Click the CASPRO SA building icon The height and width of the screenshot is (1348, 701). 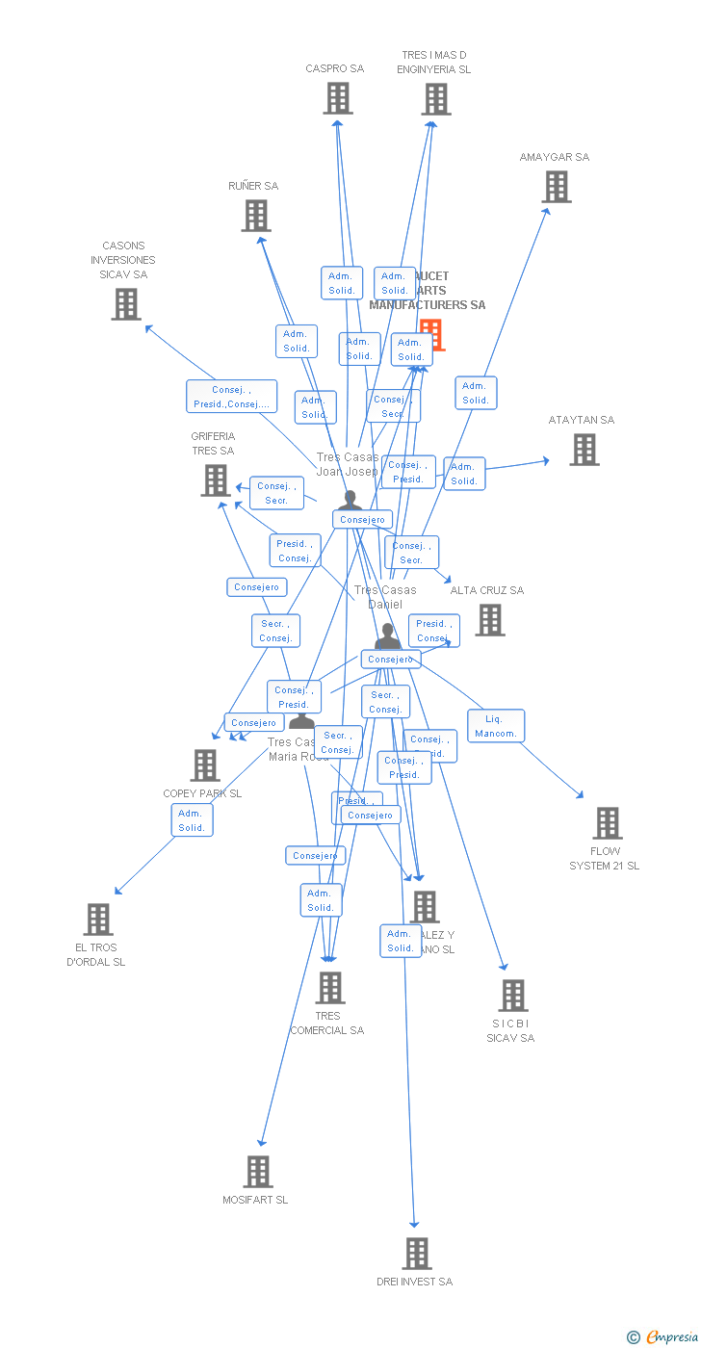pos(338,98)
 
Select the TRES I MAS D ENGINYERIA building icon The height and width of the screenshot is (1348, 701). pos(436,98)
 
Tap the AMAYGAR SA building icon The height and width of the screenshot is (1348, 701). pos(557,187)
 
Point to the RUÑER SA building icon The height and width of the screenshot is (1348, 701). pos(256,216)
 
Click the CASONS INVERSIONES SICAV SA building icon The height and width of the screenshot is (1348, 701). pos(126,304)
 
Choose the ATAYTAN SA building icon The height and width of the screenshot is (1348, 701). pos(584,450)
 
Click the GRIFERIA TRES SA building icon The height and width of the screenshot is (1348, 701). pos(216,480)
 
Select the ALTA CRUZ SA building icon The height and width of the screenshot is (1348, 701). pos(490,620)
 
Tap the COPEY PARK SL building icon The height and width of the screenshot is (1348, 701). pos(205,765)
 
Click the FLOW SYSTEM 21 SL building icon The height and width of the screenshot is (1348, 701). pos(608,823)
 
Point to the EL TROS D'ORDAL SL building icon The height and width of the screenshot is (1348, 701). pos(98,920)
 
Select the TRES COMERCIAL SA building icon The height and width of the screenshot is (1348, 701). pos(330,988)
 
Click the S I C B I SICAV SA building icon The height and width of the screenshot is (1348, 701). pos(513,996)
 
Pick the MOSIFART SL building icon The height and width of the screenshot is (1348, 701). pos(258,1172)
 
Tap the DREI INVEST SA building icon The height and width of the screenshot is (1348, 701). pos(417,1254)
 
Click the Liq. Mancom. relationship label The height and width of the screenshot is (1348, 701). pos(496,726)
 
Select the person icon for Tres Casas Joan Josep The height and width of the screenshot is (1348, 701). pos(350,501)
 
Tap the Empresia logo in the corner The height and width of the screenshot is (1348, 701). pos(663,1335)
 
